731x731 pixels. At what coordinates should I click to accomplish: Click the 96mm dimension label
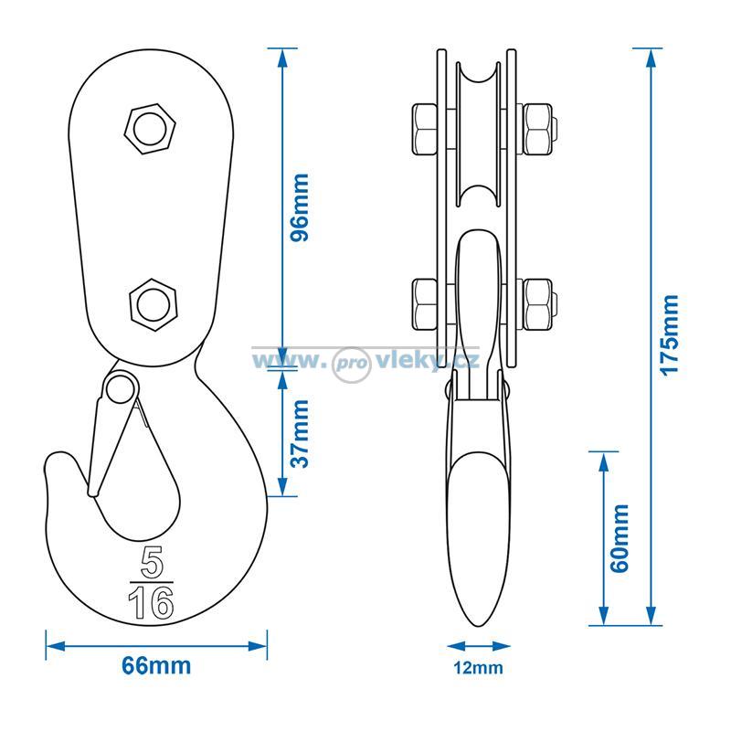coord(300,207)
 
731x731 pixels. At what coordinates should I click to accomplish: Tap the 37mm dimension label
coord(300,433)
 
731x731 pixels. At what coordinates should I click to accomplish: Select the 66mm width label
coord(156,666)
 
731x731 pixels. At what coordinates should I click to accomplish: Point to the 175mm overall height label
coord(670,334)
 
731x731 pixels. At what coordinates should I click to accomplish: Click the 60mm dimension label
coord(620,538)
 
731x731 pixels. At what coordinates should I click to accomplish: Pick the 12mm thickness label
coord(478,668)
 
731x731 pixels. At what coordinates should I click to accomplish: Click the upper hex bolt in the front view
coord(150,129)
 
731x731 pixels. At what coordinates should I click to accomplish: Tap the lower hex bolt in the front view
coord(154,305)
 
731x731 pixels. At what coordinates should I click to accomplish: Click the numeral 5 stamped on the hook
coord(152,561)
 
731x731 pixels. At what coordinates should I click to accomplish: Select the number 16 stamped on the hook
coord(151,602)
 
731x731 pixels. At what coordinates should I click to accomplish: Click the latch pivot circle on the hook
coord(122,388)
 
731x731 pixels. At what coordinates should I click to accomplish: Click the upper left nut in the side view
coord(425,129)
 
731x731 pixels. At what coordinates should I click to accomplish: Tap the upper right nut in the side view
coord(537,129)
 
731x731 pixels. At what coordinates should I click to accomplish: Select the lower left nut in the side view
coord(425,304)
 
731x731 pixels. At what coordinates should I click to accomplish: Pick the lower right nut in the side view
coord(537,304)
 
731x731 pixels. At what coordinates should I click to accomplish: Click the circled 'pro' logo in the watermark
coord(351,365)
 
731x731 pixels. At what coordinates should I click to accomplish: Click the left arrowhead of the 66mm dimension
coord(56,646)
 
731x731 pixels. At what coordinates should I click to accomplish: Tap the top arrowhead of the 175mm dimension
coord(652,58)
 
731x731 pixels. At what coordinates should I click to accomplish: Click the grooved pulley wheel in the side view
coord(478,134)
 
